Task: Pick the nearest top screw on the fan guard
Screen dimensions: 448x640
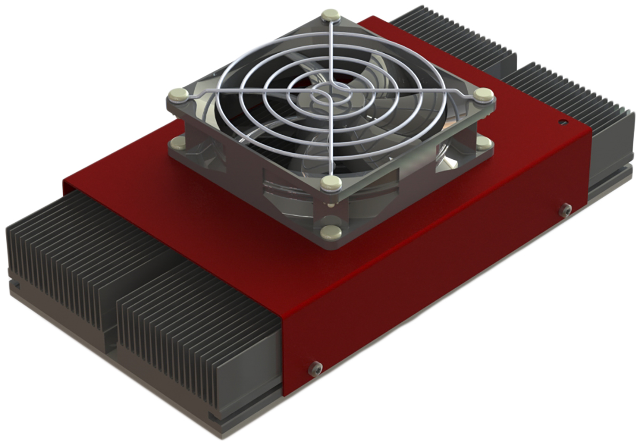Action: click(x=331, y=184)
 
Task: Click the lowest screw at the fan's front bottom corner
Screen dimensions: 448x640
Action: click(x=331, y=232)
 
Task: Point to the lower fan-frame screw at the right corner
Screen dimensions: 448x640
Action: click(x=483, y=142)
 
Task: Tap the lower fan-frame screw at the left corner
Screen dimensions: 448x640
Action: click(x=177, y=143)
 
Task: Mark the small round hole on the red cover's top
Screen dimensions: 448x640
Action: click(x=562, y=122)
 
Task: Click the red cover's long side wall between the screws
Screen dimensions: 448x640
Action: click(x=437, y=288)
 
